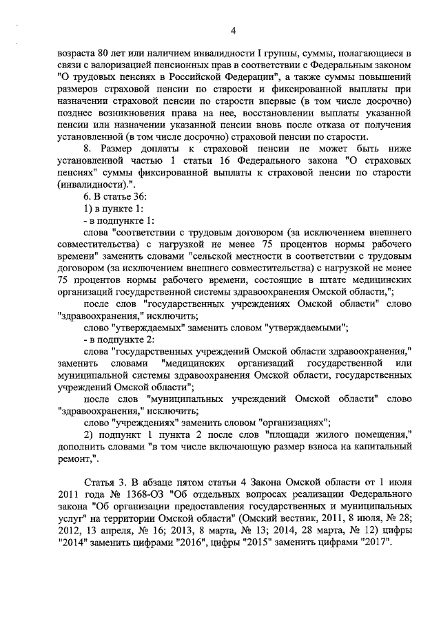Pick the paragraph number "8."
(x=86, y=148)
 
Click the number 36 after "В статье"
(x=137, y=198)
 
